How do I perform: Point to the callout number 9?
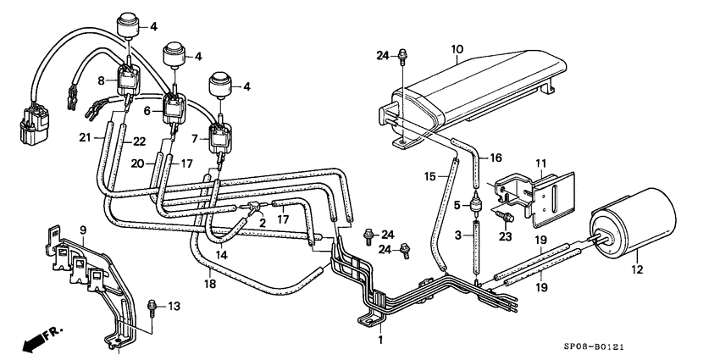pos(83,230)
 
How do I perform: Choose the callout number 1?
pos(380,340)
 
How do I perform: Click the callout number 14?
pos(220,253)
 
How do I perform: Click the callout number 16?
pos(496,158)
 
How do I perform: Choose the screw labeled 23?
pos(506,219)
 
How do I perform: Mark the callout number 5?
pos(457,205)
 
